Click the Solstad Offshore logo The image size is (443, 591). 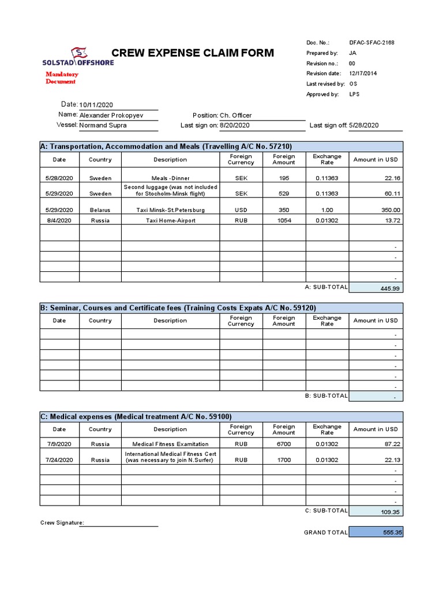click(x=78, y=57)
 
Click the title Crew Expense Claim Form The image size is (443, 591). click(x=193, y=54)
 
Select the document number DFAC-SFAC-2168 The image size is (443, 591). click(x=372, y=43)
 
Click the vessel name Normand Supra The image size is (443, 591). click(x=103, y=125)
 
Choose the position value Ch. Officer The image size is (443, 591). click(x=235, y=115)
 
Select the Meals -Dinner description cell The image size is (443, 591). click(x=170, y=178)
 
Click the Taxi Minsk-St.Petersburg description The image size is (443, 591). click(x=170, y=210)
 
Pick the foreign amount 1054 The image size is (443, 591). click(x=284, y=220)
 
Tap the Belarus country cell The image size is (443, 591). click(x=100, y=210)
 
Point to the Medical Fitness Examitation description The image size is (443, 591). click(x=170, y=444)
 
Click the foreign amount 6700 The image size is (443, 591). click(x=284, y=444)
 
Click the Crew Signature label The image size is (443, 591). click(x=62, y=523)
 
